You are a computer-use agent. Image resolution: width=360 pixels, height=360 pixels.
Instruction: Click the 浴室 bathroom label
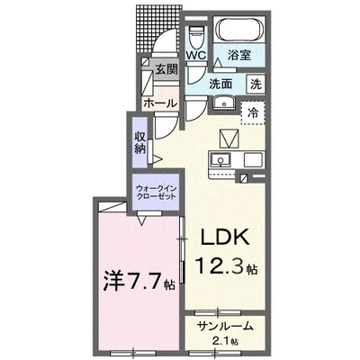[x=238, y=55]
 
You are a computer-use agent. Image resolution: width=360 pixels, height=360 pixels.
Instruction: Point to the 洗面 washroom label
[x=220, y=84]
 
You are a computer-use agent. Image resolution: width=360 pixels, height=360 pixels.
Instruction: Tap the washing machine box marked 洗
[x=256, y=84]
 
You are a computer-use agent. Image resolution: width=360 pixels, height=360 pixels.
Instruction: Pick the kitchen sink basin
[x=220, y=159]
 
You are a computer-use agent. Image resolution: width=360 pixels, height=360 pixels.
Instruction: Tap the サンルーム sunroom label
[x=222, y=325]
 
